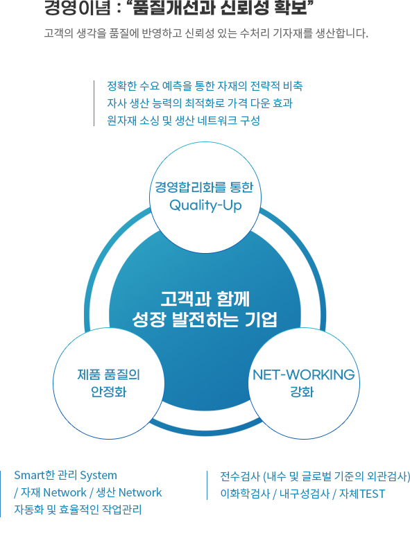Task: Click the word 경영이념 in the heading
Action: tap(77, 8)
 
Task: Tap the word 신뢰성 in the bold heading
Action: tap(244, 8)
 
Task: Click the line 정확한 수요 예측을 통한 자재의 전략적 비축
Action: tap(205, 86)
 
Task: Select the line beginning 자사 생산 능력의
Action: tap(200, 103)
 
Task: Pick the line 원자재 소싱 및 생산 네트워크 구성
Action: tap(184, 121)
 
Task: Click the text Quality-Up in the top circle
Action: tap(205, 205)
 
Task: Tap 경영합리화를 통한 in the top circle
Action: tap(204, 187)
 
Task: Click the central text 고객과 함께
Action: tap(205, 299)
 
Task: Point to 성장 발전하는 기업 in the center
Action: tap(205, 319)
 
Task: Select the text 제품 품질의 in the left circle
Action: tap(109, 374)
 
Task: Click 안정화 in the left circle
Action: tap(109, 392)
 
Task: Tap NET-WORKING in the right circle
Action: tap(304, 374)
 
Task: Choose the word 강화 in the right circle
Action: tap(302, 392)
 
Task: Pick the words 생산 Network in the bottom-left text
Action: tap(129, 492)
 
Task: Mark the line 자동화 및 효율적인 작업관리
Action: tap(78, 510)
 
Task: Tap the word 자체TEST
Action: tap(361, 494)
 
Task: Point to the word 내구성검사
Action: tap(305, 494)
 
